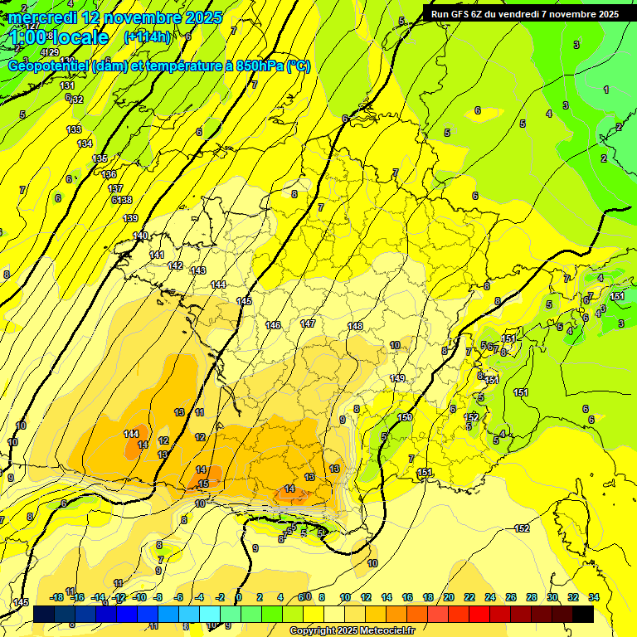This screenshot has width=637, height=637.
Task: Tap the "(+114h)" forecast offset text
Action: pyautogui.click(x=148, y=37)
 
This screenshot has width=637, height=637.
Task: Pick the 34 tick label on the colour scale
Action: pyautogui.click(x=593, y=597)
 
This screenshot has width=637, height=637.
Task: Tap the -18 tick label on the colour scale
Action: pyautogui.click(x=56, y=597)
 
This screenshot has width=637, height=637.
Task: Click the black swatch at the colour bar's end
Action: pyautogui.click(x=583, y=614)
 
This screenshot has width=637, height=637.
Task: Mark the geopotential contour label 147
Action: pyautogui.click(x=308, y=323)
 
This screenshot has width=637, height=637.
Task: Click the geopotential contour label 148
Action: pyautogui.click(x=355, y=326)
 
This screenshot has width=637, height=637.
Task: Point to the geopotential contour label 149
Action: pyautogui.click(x=397, y=378)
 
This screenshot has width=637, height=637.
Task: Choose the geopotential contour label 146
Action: pyautogui.click(x=273, y=325)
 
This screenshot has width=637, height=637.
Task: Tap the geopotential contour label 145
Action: pyautogui.click(x=244, y=301)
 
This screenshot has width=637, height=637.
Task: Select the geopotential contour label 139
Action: pyautogui.click(x=130, y=218)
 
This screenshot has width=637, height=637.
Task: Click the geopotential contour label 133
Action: pyautogui.click(x=74, y=129)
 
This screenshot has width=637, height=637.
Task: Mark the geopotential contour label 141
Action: pyautogui.click(x=157, y=255)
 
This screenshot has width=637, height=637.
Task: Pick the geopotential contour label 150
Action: pyautogui.click(x=405, y=417)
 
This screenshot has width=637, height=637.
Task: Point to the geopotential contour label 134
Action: pyautogui.click(x=85, y=143)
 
